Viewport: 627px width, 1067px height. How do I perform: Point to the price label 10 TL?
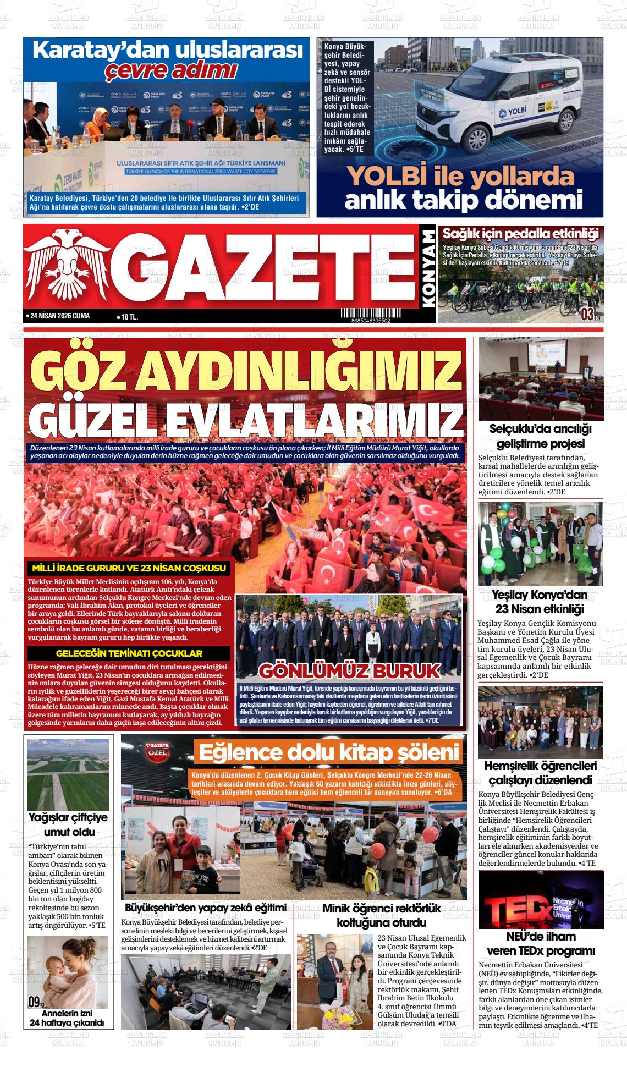127,317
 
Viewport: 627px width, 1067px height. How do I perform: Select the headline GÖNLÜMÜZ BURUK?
349,672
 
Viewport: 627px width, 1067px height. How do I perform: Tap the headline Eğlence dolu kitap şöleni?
329,752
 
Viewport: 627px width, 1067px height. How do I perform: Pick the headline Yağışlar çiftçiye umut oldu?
68,824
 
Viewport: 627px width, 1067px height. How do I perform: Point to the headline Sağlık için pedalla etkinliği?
520,233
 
